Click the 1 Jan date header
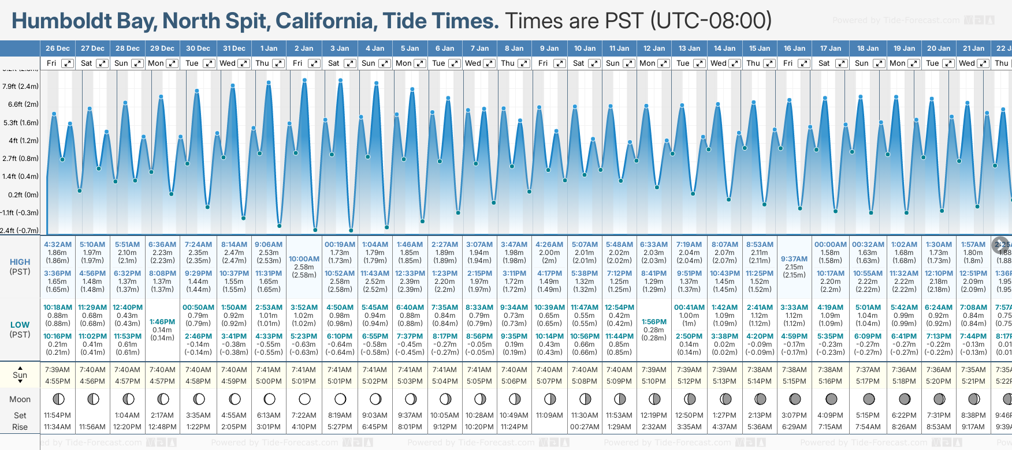pyautogui.click(x=269, y=48)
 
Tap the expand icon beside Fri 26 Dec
pyautogui.click(x=68, y=63)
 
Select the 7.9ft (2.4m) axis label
pyautogui.click(x=20, y=87)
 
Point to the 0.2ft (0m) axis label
pyautogui.click(x=20, y=194)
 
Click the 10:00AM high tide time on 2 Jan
pyautogui.click(x=304, y=259)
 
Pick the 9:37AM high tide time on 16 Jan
pyautogui.click(x=794, y=259)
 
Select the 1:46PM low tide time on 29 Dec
pyautogui.click(x=162, y=322)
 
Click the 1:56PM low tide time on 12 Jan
pyautogui.click(x=654, y=322)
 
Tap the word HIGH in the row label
pyautogui.click(x=20, y=262)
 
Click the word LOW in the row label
pyautogui.click(x=20, y=325)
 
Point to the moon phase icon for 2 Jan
pyautogui.click(x=304, y=399)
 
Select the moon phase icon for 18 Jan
pyautogui.click(x=868, y=399)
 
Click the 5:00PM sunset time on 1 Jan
pyautogui.click(x=269, y=381)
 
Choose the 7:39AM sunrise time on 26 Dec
pyautogui.click(x=57, y=370)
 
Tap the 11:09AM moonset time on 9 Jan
pyautogui.click(x=549, y=415)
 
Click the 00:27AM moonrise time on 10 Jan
pyautogui.click(x=585, y=427)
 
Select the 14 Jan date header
pyautogui.click(x=724, y=48)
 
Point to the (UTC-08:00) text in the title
pyautogui.click(x=711, y=21)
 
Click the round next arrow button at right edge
pyautogui.click(x=1000, y=245)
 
